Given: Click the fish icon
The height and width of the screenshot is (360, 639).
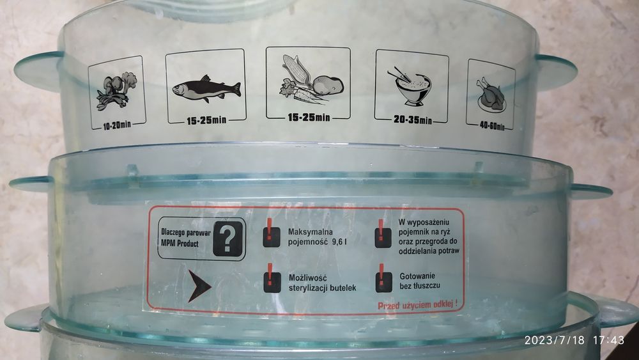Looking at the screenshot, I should [x=206, y=87].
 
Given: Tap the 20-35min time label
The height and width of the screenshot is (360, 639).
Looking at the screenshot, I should [x=412, y=120].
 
